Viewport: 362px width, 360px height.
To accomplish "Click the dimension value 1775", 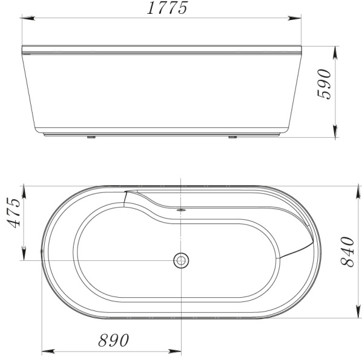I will click(x=167, y=8).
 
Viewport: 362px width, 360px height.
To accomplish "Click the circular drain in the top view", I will click(x=180, y=260).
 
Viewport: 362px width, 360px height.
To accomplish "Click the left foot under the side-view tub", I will click(x=92, y=137).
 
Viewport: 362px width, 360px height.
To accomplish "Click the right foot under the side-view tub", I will click(x=232, y=137).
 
